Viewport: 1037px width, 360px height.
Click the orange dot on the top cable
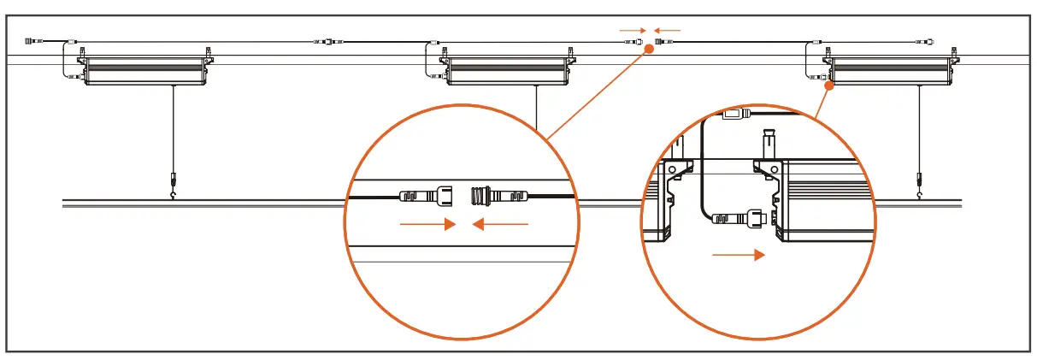click(649, 50)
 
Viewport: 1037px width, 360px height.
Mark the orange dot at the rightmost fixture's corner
click(828, 86)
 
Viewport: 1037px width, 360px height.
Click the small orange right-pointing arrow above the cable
click(633, 30)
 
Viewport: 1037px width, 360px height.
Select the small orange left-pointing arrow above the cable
click(668, 30)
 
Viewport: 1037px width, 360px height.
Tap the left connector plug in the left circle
click(428, 195)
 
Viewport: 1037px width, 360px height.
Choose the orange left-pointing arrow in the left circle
click(501, 226)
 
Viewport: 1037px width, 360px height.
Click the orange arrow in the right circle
click(738, 255)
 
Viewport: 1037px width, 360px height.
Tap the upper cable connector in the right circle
click(736, 113)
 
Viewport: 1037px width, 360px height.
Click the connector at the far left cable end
click(32, 40)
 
